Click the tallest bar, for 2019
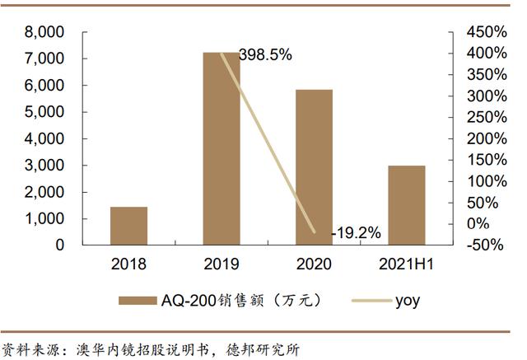(222, 148)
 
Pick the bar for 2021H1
(407, 205)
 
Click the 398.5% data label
(265, 55)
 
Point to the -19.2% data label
(357, 233)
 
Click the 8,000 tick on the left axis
(45, 33)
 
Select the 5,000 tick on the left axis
(45, 113)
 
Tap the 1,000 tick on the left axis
(45, 219)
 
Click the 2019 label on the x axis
(222, 264)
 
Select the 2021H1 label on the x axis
(407, 264)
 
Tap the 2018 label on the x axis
(128, 264)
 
